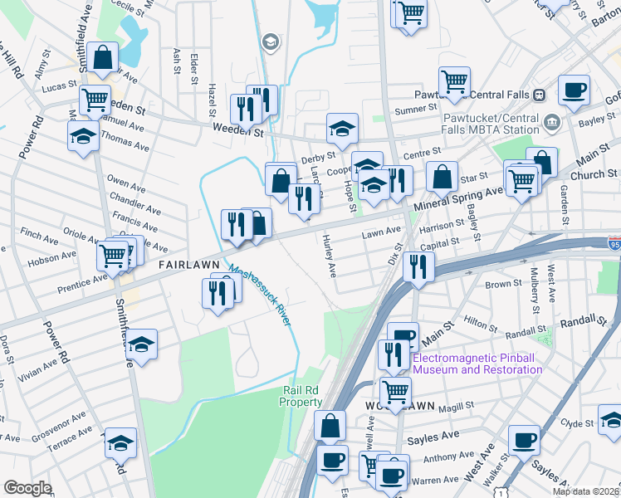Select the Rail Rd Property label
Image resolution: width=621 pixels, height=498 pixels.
coord(301,397)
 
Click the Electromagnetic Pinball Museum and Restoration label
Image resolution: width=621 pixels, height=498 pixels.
coord(477,364)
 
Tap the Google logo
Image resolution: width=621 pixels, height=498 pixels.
coord(27,487)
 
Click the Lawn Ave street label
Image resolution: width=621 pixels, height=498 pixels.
coord(381,235)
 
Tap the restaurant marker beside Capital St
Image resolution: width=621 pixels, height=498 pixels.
coord(418,267)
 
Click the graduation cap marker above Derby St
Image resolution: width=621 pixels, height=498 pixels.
coord(341,128)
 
